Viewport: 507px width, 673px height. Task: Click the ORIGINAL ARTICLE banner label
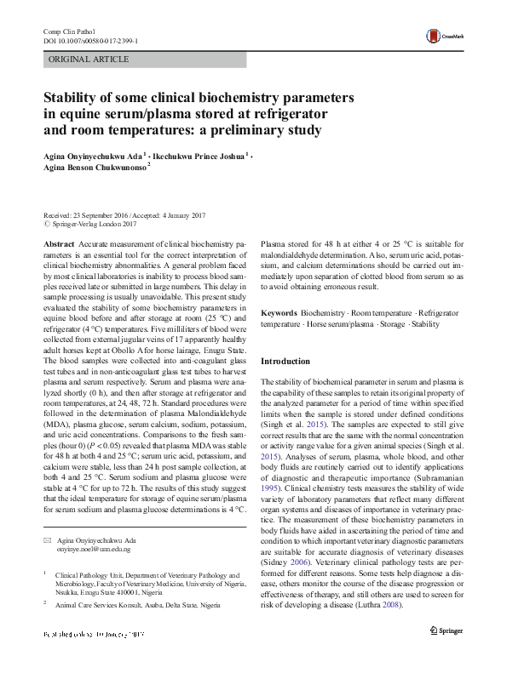click(89, 60)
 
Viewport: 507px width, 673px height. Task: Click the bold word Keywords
click(279, 314)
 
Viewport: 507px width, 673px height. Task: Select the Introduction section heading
click(285, 361)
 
